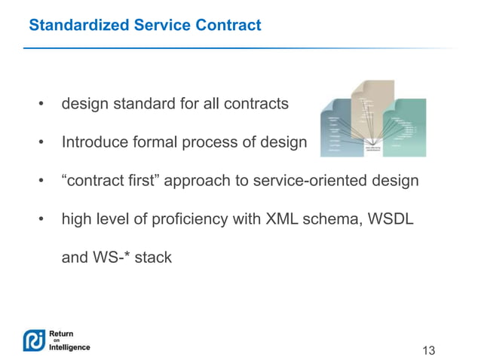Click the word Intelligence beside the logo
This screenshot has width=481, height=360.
[x=69, y=347]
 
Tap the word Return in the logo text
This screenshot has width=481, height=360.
[x=61, y=332]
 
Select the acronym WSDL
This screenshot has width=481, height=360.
[x=389, y=219]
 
